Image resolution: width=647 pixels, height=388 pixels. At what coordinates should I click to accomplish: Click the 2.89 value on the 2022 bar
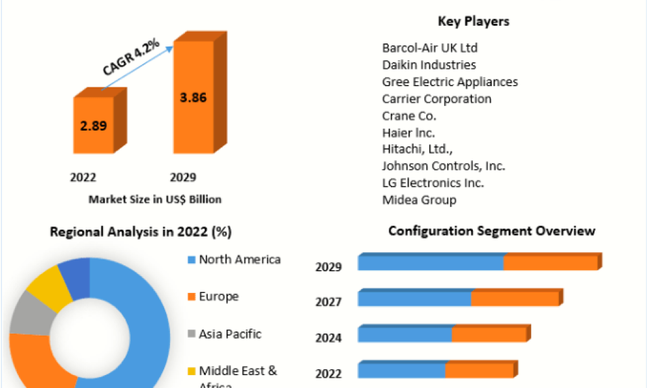point(93,126)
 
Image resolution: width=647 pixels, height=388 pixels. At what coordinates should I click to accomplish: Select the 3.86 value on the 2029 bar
point(192,98)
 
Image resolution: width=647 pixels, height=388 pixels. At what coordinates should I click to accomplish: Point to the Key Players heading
point(473,21)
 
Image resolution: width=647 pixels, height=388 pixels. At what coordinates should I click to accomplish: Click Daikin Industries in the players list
point(429,65)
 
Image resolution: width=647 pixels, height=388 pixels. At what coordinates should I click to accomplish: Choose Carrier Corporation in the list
point(437,98)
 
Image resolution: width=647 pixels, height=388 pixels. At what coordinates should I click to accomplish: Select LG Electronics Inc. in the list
point(433,182)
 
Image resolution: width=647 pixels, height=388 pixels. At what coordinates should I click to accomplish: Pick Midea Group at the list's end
point(419,200)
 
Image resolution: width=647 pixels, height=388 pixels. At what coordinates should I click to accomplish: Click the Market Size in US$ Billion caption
point(155,199)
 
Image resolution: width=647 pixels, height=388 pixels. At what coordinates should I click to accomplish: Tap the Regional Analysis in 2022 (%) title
point(140,232)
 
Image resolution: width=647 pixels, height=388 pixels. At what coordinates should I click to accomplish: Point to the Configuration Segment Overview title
point(492,231)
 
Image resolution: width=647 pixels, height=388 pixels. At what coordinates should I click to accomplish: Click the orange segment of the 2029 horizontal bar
point(550,263)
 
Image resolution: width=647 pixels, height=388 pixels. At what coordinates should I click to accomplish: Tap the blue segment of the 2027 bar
point(414,299)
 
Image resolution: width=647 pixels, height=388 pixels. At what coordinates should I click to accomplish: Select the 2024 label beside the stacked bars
point(328,338)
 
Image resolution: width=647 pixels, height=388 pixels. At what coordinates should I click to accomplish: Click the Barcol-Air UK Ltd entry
point(430,48)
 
